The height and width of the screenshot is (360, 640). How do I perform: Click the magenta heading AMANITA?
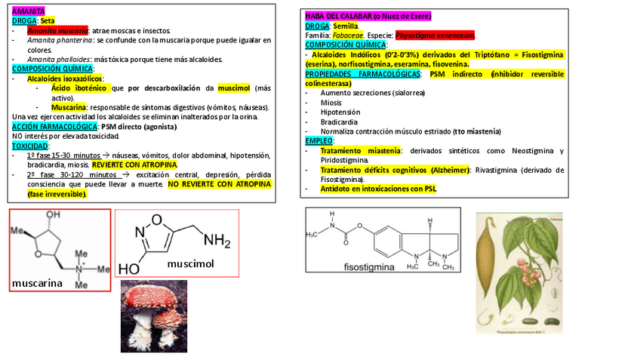coord(29,12)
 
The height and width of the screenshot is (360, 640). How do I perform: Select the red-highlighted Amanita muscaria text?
coord(57,30)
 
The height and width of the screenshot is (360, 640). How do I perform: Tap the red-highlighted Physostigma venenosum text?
coord(445,35)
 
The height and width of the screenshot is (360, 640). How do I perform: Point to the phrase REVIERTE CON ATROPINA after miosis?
coord(135,165)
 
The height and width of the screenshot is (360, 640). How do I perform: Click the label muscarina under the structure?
coord(37,284)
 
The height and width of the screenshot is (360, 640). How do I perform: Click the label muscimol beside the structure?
coord(191,263)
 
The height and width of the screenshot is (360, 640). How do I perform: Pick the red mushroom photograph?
coord(153,315)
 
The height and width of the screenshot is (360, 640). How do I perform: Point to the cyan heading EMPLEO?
coord(319,140)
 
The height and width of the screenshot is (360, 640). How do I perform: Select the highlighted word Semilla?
coord(346,26)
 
